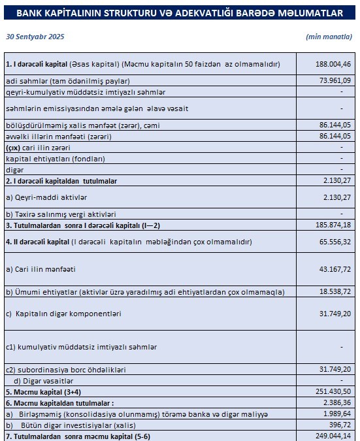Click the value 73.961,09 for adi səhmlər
point(333,80)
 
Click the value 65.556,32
point(333,242)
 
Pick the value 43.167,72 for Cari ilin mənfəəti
point(333,269)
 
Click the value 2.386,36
point(336,404)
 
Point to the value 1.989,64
point(336,414)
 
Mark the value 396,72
point(339,424)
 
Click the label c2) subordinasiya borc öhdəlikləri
point(65,370)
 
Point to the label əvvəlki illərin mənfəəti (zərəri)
point(54,136)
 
